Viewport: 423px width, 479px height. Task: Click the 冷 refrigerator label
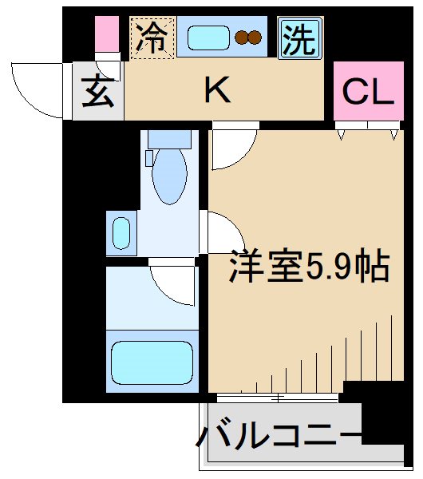pos(151,37)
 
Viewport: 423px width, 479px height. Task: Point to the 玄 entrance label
pos(98,93)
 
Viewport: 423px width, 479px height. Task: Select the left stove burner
pos(241,37)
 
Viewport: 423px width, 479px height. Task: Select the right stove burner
pos(255,37)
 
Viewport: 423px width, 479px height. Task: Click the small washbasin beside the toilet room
pos(121,232)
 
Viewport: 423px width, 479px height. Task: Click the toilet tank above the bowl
pos(168,139)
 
